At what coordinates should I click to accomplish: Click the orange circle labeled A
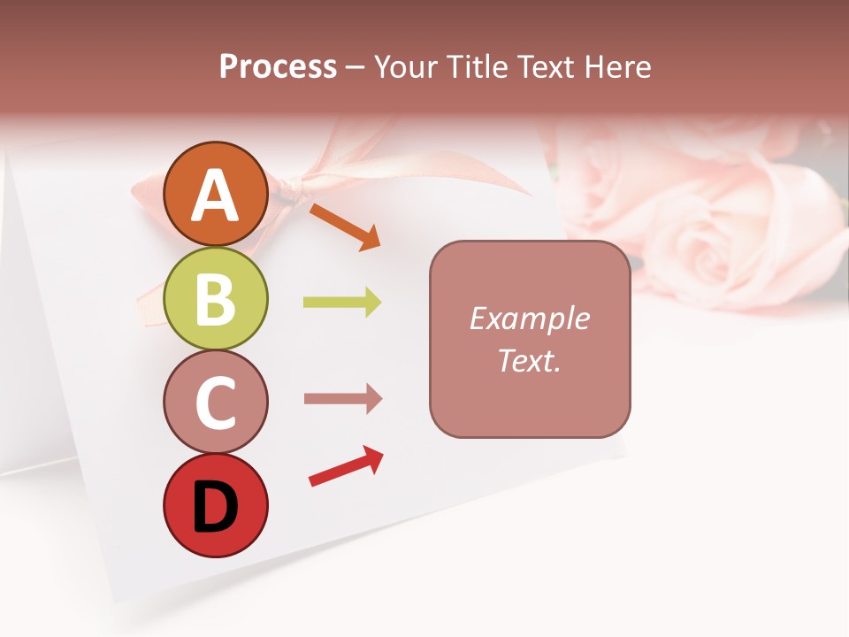click(215, 194)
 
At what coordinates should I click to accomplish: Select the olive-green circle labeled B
click(215, 298)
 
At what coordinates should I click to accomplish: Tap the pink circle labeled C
click(215, 402)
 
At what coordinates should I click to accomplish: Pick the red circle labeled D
click(215, 505)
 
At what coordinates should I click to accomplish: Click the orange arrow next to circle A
click(345, 226)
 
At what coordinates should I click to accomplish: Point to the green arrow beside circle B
click(342, 303)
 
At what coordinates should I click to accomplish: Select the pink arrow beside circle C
click(342, 399)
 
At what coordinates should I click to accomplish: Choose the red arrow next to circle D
click(346, 467)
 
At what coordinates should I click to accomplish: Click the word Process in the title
click(278, 67)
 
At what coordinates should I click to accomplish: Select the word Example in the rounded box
click(529, 318)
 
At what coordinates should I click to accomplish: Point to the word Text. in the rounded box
click(529, 360)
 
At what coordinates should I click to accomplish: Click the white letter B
click(215, 298)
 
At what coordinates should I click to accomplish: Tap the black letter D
click(215, 506)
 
